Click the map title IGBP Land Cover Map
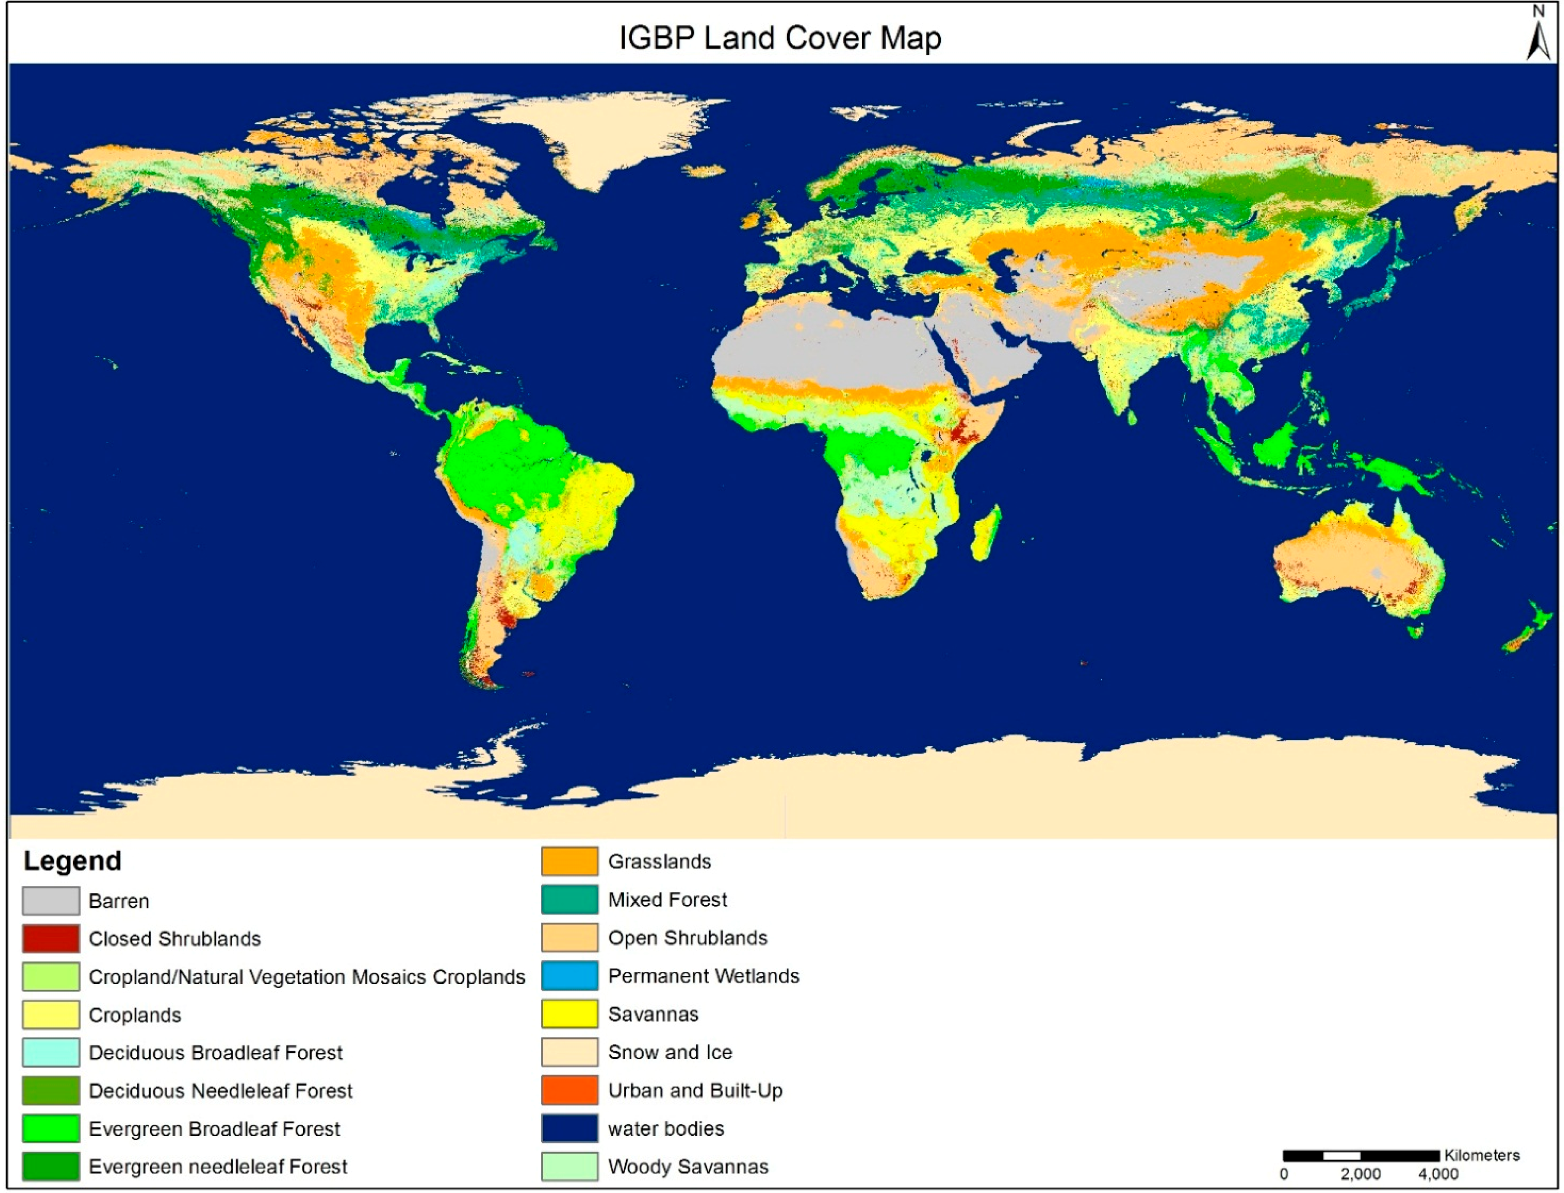tap(780, 38)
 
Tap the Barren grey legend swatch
tap(50, 900)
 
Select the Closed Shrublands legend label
tap(175, 939)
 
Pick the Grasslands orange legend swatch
tap(569, 861)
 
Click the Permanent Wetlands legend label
tap(703, 976)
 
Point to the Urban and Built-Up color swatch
tap(569, 1090)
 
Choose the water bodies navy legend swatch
tap(569, 1128)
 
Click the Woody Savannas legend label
tap(688, 1167)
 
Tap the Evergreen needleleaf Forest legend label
tap(218, 1167)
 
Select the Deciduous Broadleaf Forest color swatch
tap(50, 1052)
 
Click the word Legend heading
tap(73, 861)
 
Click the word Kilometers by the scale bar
tap(1482, 1155)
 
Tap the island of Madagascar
tap(986, 533)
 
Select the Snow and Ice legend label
tap(670, 1052)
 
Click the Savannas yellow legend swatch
tap(569, 1014)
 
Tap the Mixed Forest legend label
tap(667, 900)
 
